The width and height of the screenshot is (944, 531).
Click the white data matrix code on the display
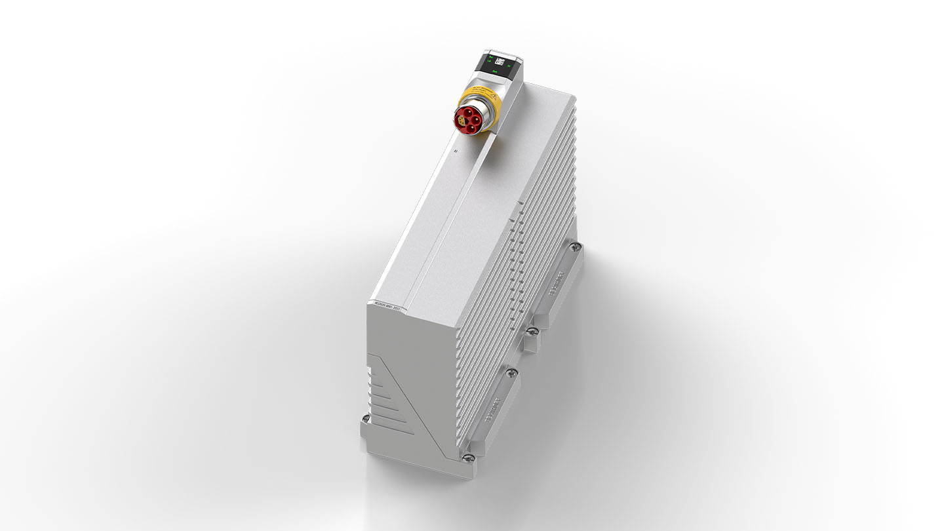(x=500, y=62)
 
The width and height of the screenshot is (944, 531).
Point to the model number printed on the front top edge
(x=389, y=304)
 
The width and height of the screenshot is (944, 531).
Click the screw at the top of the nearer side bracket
(x=511, y=372)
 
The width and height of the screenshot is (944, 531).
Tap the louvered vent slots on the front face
(x=384, y=393)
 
